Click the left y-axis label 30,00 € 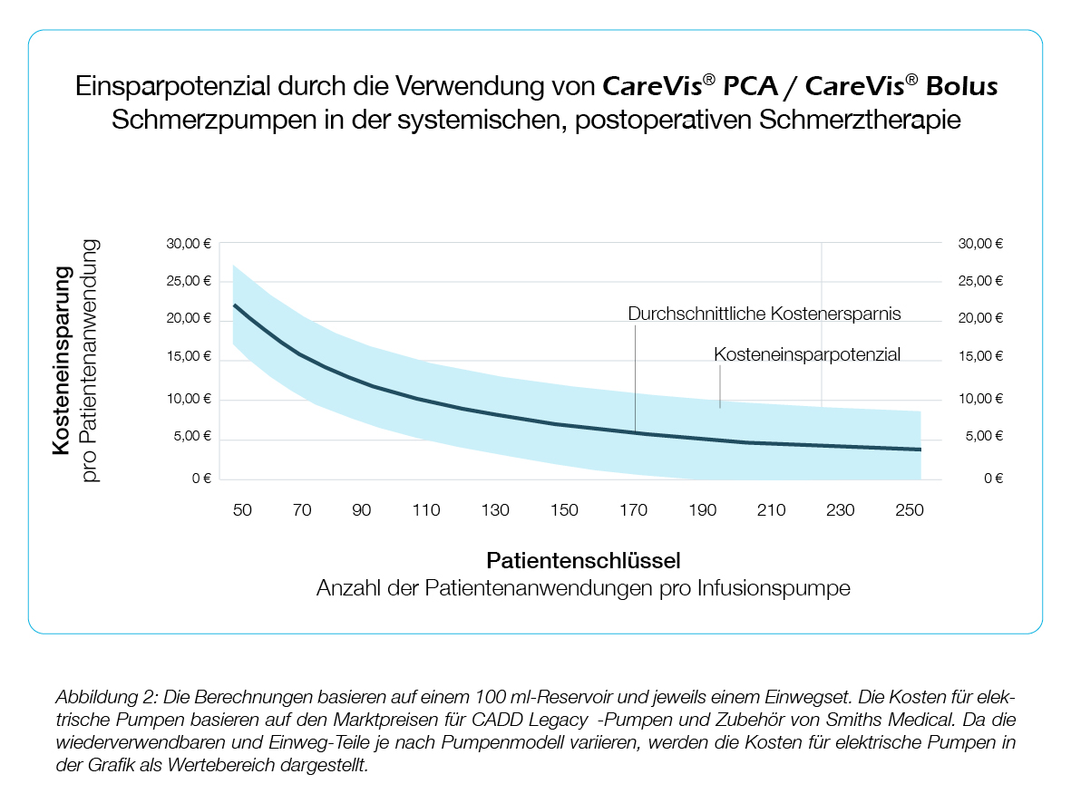click(190, 244)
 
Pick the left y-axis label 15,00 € click(190, 356)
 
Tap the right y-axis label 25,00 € click(980, 281)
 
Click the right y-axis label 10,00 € click(980, 399)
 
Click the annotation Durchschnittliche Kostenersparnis click(764, 314)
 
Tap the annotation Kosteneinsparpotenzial click(807, 354)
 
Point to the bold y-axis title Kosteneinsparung click(63, 361)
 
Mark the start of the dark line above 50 click(235, 305)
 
